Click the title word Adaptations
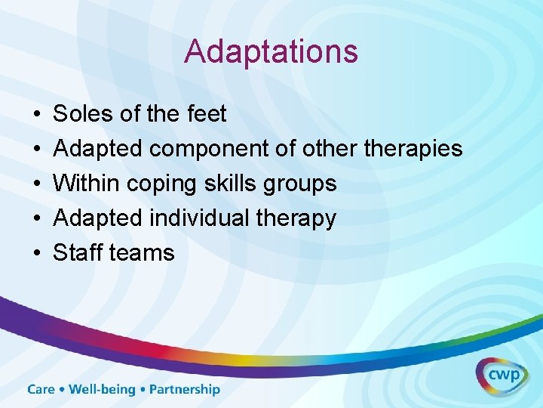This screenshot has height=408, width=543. (x=271, y=51)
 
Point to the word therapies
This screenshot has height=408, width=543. (x=413, y=149)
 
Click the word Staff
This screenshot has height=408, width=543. (x=78, y=253)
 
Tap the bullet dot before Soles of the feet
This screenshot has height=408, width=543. (x=36, y=115)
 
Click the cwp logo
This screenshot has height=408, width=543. (x=501, y=375)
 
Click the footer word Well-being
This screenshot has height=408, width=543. (x=102, y=391)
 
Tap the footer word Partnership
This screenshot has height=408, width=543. (x=185, y=390)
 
